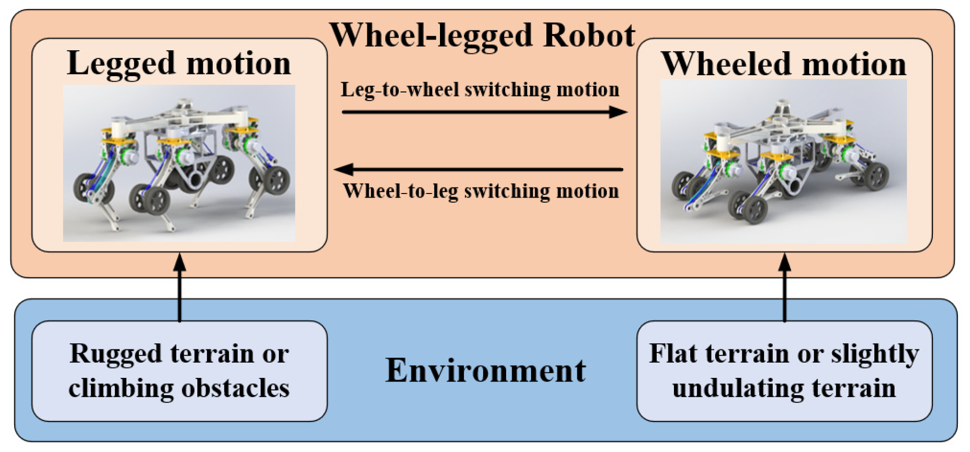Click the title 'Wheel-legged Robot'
tap(482, 36)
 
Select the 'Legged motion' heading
tap(179, 63)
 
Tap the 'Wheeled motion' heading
tap(783, 64)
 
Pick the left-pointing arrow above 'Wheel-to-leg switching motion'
tap(478, 169)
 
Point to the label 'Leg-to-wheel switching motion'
tap(480, 90)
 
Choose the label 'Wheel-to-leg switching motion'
tap(481, 191)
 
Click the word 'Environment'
tap(485, 370)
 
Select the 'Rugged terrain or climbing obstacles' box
tap(179, 371)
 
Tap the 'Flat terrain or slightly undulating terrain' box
tap(784, 371)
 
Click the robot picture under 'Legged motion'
tap(179, 163)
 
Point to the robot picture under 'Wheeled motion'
tap(783, 162)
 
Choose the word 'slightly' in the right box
tap(875, 354)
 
